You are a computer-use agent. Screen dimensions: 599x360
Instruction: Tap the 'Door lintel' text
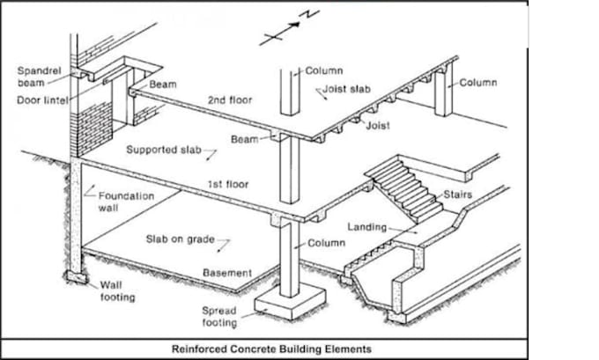42,101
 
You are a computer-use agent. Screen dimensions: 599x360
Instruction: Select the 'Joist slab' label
346,89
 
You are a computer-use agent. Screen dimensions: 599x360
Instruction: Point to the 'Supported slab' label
164,150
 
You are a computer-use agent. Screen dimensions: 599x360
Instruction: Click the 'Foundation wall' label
127,202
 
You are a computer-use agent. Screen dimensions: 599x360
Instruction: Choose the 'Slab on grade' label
181,239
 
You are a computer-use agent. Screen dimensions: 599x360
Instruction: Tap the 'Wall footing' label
118,291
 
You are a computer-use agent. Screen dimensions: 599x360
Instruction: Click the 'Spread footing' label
219,317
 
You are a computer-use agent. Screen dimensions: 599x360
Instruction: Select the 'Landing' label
367,227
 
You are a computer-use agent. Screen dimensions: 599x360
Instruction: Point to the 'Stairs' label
458,195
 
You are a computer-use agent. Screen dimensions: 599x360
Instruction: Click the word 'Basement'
227,273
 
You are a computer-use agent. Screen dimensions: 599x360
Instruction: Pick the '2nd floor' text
230,100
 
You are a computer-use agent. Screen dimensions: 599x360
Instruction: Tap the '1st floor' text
228,184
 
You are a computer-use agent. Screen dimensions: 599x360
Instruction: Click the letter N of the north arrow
309,14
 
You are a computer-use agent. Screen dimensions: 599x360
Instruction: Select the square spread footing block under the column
291,301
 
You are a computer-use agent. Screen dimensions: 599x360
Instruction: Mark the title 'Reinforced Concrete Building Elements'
271,349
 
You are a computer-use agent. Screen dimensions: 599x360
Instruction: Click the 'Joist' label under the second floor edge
378,126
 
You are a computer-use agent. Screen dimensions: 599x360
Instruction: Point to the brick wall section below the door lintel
94,129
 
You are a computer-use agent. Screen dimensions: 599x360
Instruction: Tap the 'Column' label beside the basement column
327,243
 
